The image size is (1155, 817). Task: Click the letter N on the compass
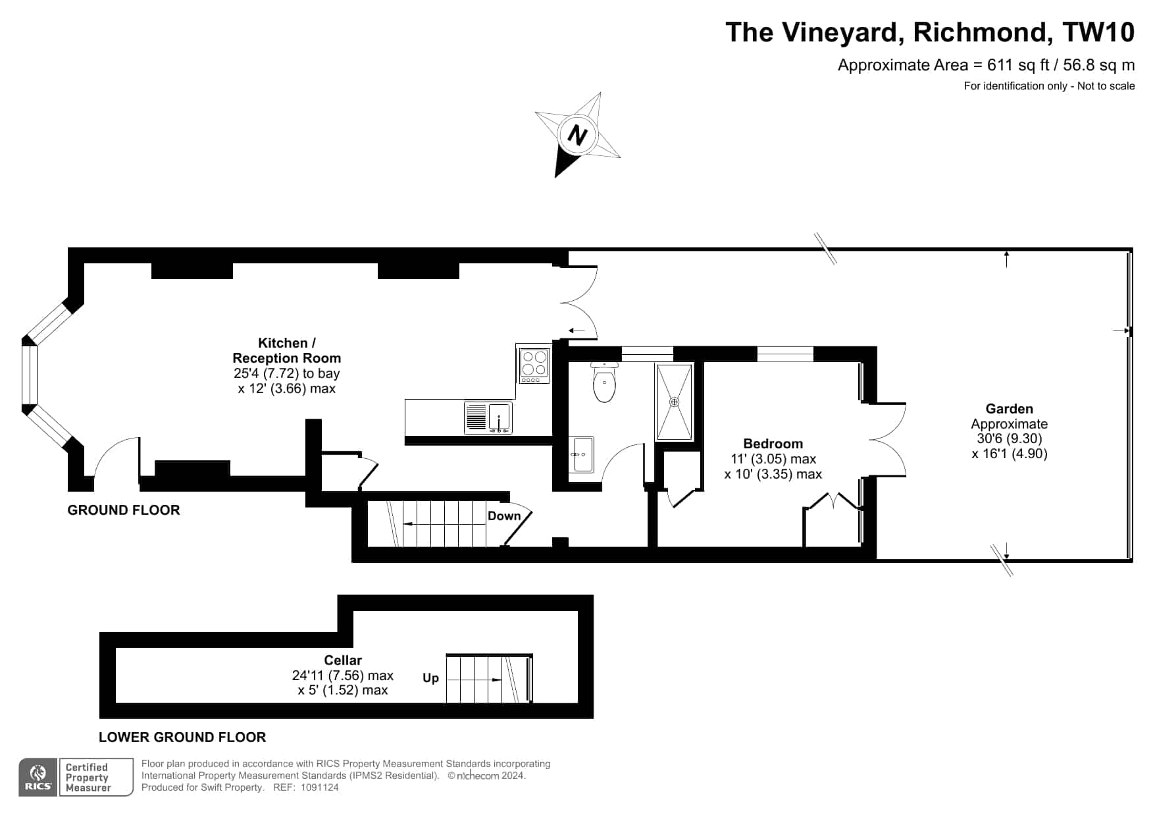point(578,136)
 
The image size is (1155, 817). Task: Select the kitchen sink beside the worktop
point(488,417)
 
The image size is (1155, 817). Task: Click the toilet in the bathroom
point(604,382)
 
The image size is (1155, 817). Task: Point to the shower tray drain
point(674,402)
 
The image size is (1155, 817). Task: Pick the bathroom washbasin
point(582,454)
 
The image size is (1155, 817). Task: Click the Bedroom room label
point(773,444)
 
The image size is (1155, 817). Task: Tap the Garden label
point(1009,409)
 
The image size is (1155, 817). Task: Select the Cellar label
point(343,660)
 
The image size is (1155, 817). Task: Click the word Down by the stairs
point(504,516)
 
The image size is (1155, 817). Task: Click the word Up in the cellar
point(430,678)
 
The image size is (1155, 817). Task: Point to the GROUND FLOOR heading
point(124,510)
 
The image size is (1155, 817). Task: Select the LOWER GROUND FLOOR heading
point(182,737)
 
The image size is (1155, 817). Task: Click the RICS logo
point(38,777)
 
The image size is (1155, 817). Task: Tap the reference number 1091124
point(319,787)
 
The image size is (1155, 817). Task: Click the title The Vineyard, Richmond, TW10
point(930,32)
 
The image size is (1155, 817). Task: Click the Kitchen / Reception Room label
point(287,350)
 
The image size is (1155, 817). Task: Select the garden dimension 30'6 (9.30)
point(1010,438)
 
